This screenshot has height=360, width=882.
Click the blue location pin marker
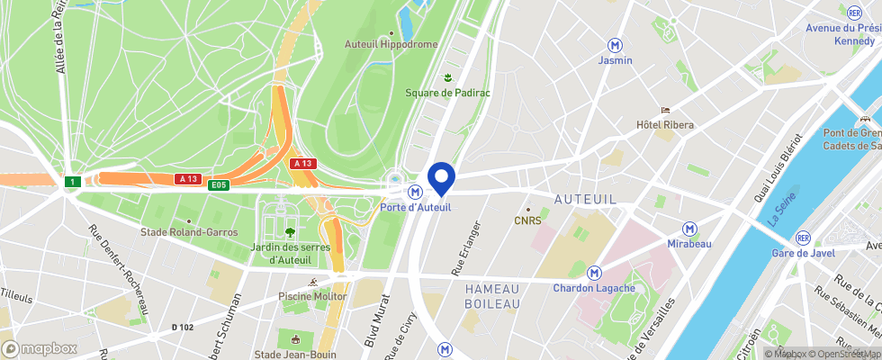pos(441,177)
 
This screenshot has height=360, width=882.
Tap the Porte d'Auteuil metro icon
pos(415,192)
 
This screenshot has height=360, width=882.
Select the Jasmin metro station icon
pos(616,45)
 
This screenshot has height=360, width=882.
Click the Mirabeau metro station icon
pos(689,229)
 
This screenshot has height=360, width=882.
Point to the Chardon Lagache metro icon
pos(594,273)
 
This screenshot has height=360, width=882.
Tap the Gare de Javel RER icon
pos(802,238)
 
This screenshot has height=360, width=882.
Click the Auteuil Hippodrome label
pos(391,43)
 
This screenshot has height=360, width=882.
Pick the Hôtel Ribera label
pos(665,124)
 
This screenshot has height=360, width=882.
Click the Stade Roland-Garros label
pos(189,231)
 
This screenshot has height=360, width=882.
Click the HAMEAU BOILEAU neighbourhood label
pos(492,296)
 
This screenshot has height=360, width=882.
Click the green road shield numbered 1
pos(71,182)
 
